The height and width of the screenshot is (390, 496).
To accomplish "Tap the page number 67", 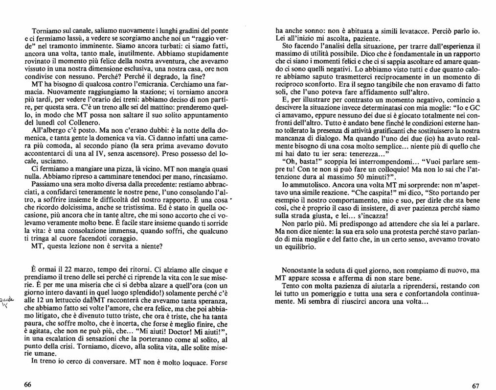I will point(475,386).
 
